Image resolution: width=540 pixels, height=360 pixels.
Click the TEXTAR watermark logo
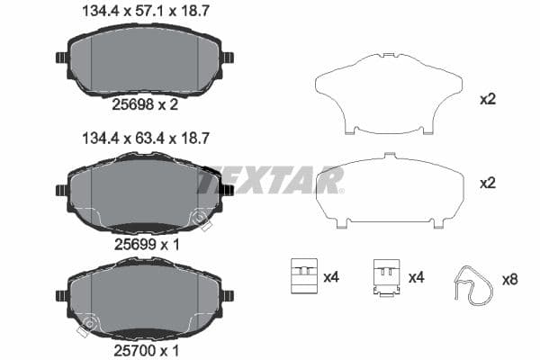coord(270,181)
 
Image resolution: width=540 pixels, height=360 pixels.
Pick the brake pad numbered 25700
coord(144,297)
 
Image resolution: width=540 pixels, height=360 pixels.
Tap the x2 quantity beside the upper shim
coord(488,99)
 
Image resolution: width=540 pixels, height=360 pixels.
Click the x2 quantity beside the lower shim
coord(488,183)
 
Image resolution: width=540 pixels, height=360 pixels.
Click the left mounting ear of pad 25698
coord(61,58)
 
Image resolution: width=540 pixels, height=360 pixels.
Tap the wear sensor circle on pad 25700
coord(87,323)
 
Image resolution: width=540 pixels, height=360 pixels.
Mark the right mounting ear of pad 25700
coord(227,295)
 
